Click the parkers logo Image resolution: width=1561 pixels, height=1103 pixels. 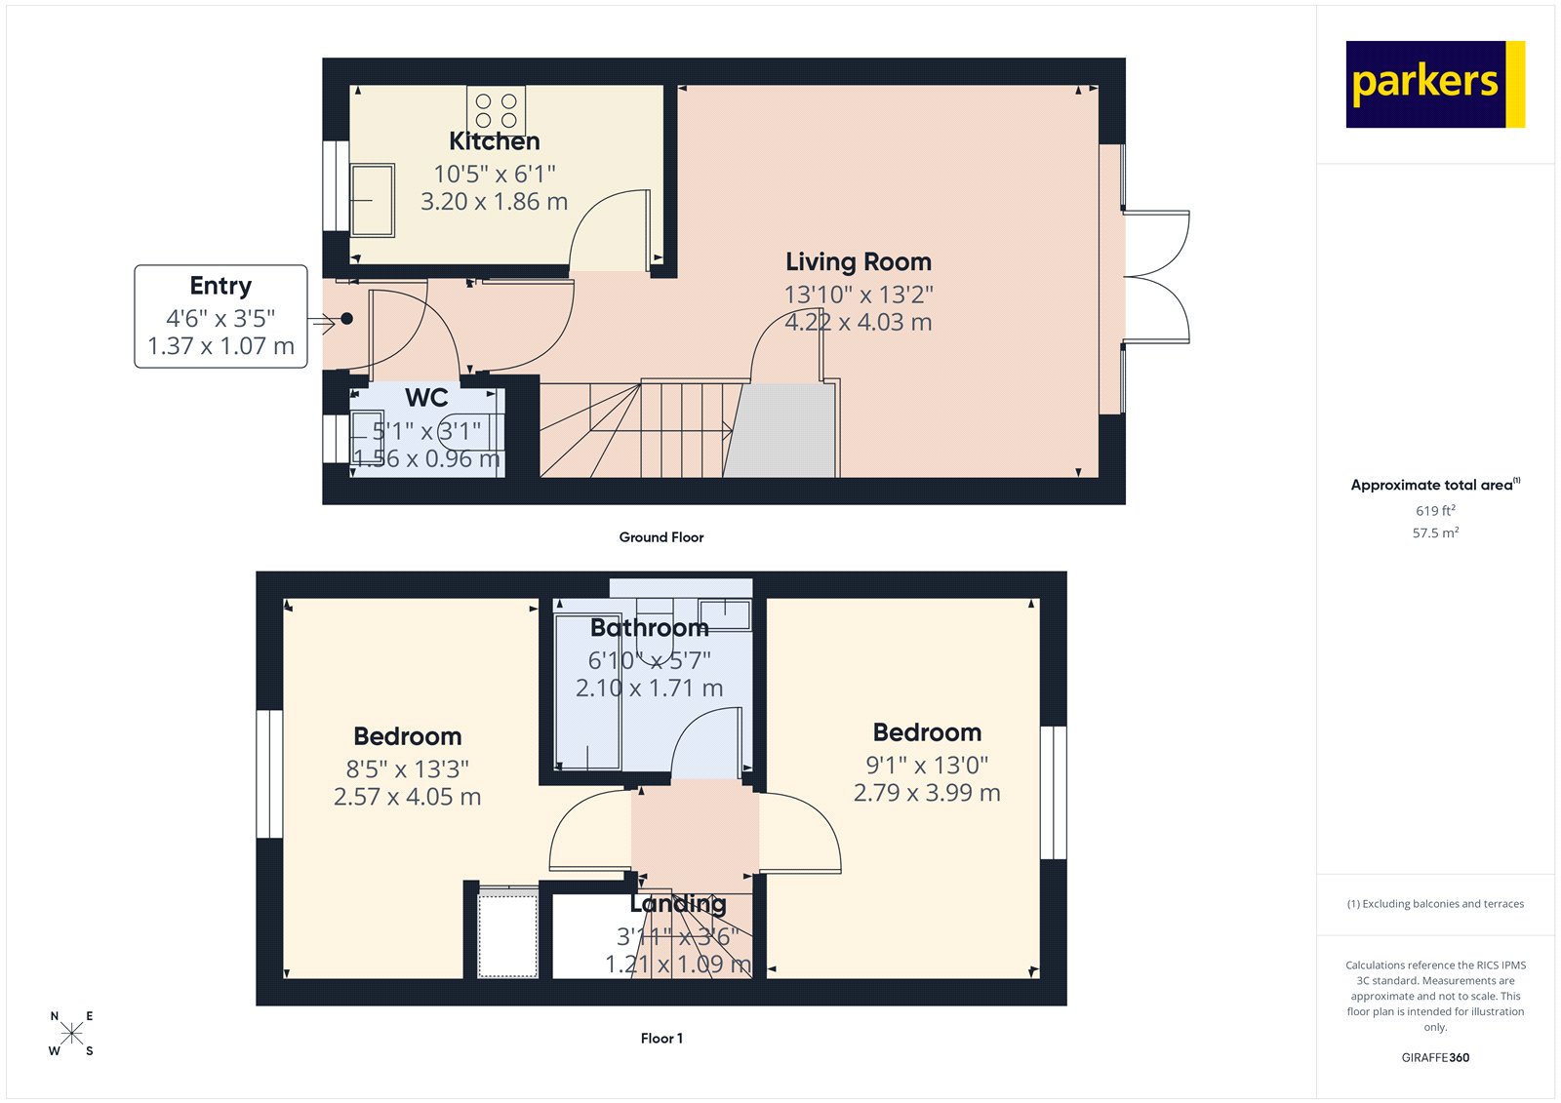1434,84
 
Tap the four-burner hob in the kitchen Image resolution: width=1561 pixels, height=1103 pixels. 496,110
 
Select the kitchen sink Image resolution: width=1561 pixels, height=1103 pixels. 372,200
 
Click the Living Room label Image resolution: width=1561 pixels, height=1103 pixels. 859,261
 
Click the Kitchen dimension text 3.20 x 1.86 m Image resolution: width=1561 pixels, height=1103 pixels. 494,202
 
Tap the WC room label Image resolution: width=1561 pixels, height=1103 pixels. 426,398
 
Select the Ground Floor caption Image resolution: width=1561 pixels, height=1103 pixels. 660,537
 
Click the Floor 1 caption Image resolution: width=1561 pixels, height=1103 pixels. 661,1039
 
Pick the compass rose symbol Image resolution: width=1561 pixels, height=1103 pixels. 71,1034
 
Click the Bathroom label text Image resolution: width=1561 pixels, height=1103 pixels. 649,628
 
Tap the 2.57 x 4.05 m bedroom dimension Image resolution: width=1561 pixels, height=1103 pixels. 407,797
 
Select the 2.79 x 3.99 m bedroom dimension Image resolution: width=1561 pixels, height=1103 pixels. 927,793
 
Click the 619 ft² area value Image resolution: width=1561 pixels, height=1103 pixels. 1435,511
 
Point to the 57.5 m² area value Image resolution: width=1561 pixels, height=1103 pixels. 1435,533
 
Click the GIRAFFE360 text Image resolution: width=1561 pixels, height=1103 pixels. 1435,1057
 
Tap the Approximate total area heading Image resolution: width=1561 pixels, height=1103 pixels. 1434,485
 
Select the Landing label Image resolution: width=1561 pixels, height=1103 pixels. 678,904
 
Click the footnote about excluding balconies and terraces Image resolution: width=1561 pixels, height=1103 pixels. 1435,904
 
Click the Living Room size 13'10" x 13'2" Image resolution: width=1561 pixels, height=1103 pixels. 859,294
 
